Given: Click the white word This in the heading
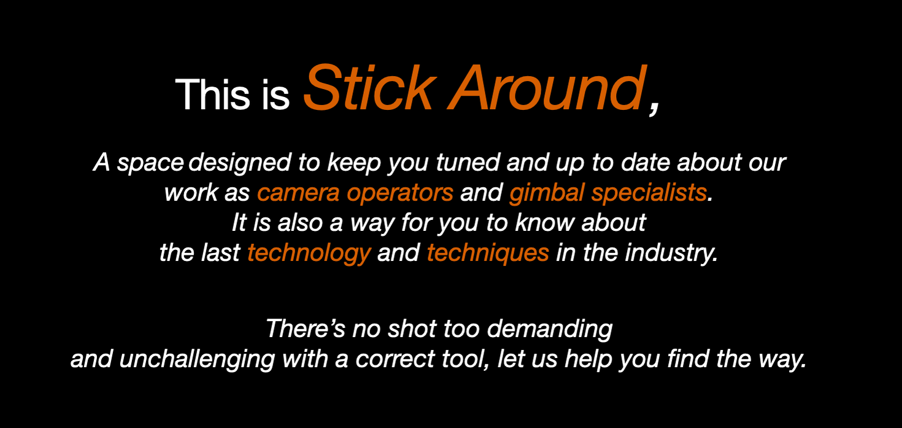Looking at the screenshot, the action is click(x=212, y=95).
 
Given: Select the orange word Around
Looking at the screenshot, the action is click(x=547, y=87).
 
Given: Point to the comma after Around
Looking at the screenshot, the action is click(x=654, y=107).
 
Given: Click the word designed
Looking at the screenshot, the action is click(x=239, y=163).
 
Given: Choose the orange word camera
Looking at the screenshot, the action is click(x=298, y=193).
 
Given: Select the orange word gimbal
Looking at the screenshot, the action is click(x=547, y=193).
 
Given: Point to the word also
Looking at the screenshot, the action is click(x=300, y=222).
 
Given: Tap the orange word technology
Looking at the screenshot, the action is click(x=309, y=254).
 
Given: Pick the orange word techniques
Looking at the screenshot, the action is click(x=488, y=254).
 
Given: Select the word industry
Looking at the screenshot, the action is click(x=671, y=254).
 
